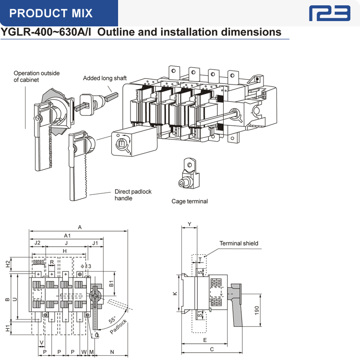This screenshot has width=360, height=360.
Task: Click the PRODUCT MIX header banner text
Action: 51,13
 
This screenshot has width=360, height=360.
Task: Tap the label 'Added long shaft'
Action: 105,78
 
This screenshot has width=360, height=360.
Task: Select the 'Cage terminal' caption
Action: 190,201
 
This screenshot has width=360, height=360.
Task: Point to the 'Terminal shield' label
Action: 239,243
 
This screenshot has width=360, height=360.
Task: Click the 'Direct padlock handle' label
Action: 132,194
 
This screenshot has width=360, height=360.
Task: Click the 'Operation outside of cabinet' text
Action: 36,76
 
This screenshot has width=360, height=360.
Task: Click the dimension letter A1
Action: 67,236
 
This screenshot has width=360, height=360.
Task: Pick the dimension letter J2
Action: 37,243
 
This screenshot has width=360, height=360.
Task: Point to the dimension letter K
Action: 176,294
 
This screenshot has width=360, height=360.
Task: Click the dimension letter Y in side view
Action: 189,224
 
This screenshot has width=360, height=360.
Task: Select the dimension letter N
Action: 112,352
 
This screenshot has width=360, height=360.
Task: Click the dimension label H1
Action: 7,328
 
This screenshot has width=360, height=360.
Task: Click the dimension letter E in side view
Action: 204,340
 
